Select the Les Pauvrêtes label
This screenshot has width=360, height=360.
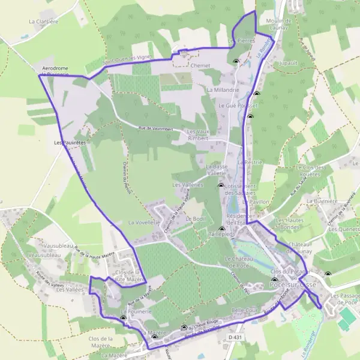coord(70,143)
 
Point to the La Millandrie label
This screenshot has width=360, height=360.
coord(223,89)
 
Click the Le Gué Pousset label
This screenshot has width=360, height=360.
coord(233,105)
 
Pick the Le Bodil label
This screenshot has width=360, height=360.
coord(196,218)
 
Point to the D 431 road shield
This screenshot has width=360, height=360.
coord(235,338)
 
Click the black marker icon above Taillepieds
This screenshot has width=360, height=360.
coord(221,229)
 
